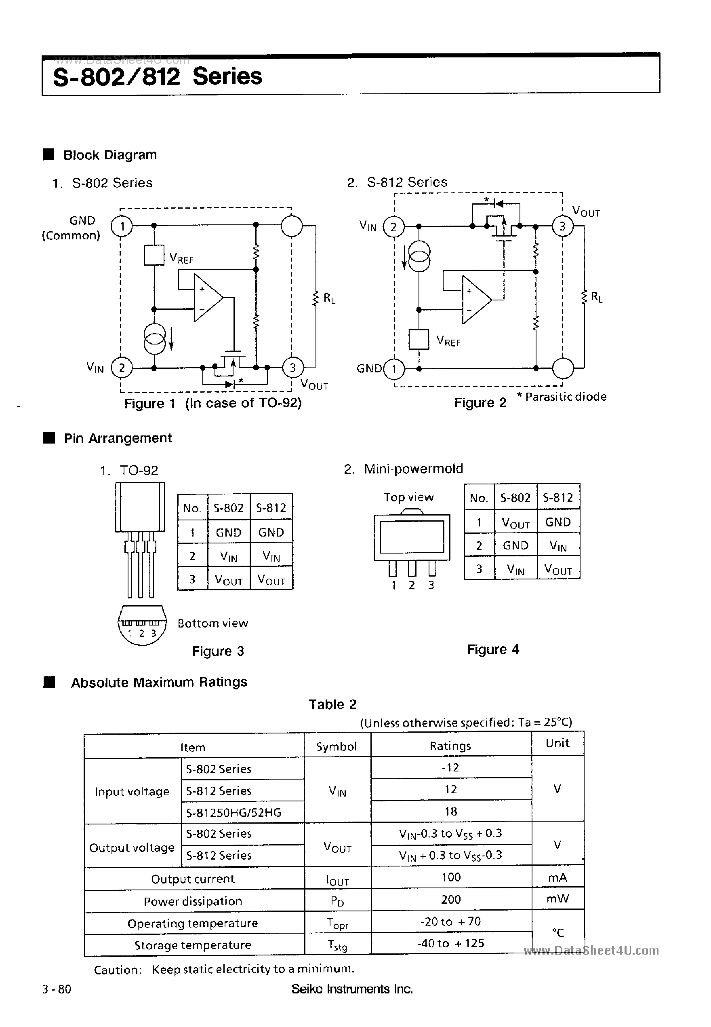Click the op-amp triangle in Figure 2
pos(475,299)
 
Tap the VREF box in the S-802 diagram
pos(154,255)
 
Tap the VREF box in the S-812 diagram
pos(419,339)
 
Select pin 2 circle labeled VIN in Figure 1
pos(122,368)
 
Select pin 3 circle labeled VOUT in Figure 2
pos(562,226)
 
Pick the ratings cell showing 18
pos(451,811)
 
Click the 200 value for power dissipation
pos(451,900)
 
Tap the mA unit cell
pos(557,878)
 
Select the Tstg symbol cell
pos(337,945)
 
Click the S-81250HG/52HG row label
pos(234,813)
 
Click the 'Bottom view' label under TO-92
pos(212,623)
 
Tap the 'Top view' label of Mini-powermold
pos(408,497)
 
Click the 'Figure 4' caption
pos(493,649)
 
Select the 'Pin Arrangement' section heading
pos(118,438)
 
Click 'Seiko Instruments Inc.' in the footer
pos(352,989)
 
